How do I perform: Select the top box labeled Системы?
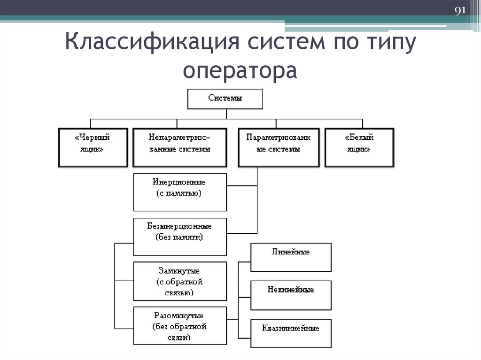coord(225,99)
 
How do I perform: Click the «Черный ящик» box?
coord(93,147)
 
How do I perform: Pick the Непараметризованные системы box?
coord(179,147)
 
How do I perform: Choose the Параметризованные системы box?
coord(279,147)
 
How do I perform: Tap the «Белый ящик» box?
coord(359,147)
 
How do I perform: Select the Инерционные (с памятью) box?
coord(180,192)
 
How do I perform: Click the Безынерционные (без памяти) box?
coord(180,232)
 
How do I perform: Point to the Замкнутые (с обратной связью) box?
coord(180,281)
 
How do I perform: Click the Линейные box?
coord(291,257)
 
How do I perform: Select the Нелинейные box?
coord(291,295)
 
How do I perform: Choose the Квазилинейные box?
coord(291,333)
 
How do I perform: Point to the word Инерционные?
coord(179,182)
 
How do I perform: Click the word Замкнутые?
coord(179,271)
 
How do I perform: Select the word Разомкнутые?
coord(179,315)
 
